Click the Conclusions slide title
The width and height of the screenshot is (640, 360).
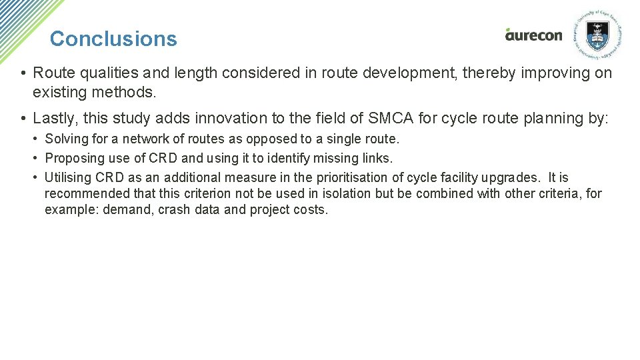pos(113,39)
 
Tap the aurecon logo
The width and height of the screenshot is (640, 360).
pos(533,35)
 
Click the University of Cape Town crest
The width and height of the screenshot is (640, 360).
pos(596,34)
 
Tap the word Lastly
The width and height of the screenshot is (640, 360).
pos(54,119)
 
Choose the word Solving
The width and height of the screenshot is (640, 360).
pos(64,139)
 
